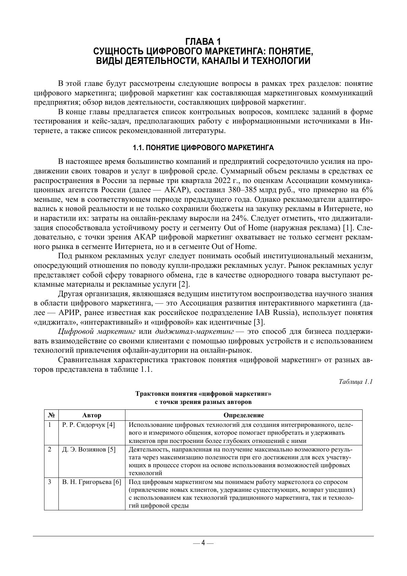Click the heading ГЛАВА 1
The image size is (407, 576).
203,42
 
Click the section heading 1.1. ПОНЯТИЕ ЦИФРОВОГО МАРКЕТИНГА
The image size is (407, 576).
203,148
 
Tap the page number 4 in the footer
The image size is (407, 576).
203,543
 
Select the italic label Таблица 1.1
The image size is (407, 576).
355,381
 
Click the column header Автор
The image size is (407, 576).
92,415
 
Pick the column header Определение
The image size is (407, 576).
243,415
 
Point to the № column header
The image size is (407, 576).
51,415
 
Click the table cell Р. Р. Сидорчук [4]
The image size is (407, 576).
89,425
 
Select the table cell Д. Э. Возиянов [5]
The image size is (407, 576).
89,449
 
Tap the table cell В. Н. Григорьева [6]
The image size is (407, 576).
92,482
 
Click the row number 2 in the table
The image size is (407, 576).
50,449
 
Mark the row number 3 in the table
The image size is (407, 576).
50,482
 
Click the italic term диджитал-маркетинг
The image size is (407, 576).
194,331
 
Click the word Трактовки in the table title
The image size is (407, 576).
149,394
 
